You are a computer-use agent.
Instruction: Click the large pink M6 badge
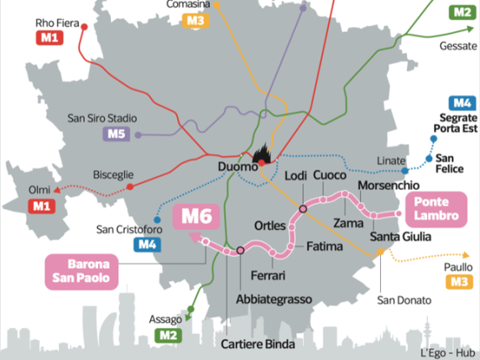(x=197, y=217)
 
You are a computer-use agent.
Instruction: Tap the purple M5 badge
(x=114, y=133)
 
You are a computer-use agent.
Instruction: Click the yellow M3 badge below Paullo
(x=457, y=282)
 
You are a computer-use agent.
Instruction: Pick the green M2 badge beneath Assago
(x=169, y=336)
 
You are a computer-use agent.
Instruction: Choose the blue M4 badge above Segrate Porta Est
(x=460, y=103)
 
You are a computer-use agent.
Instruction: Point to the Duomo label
(x=237, y=168)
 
